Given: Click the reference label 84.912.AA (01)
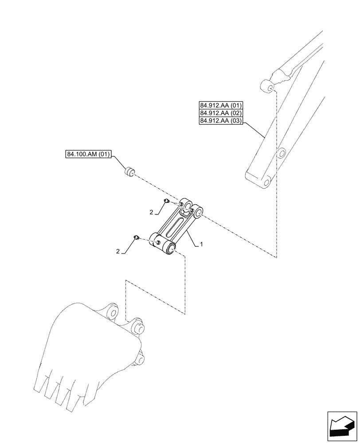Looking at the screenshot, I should [221, 106].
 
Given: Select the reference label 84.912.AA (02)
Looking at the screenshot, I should [221, 113].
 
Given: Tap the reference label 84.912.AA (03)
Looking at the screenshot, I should [221, 120].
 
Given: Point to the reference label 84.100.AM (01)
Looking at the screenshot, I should [89, 155].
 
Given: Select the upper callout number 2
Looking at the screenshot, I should [152, 213].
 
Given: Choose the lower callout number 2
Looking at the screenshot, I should [118, 252].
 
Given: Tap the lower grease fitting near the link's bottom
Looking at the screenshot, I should [136, 238].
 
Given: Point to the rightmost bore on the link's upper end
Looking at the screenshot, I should [198, 214].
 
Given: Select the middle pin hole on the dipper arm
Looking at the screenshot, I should [281, 154].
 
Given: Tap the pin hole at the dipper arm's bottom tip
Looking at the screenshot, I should [267, 182].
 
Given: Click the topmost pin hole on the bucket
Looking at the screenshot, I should [112, 313].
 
